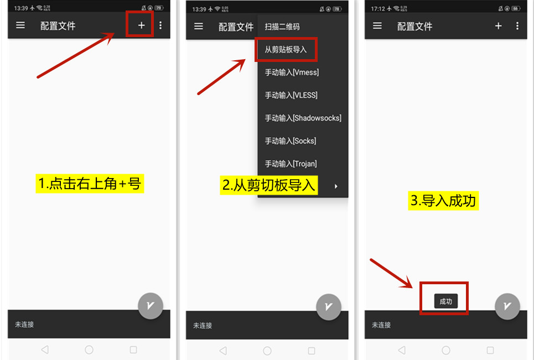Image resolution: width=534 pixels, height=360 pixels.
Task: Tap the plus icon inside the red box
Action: pyautogui.click(x=141, y=25)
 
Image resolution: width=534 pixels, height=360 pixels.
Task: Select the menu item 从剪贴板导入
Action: pyautogui.click(x=286, y=50)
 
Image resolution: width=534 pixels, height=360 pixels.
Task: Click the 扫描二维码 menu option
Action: pyautogui.click(x=282, y=27)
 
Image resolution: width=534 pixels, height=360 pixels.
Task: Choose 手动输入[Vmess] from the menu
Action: pyautogui.click(x=292, y=72)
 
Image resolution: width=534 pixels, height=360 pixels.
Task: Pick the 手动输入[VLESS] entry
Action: pyautogui.click(x=291, y=95)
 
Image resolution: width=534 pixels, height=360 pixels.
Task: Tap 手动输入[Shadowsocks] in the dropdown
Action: pyautogui.click(x=303, y=118)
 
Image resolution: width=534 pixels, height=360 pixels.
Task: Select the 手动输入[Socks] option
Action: pyautogui.click(x=291, y=141)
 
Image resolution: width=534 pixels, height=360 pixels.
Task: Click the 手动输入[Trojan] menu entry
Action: pyautogui.click(x=291, y=164)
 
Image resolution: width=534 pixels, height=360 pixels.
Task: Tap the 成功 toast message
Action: pyautogui.click(x=446, y=301)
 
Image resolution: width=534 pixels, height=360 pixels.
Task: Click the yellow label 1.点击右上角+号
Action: pyautogui.click(x=90, y=184)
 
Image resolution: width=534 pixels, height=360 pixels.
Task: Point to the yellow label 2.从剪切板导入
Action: pyautogui.click(x=269, y=185)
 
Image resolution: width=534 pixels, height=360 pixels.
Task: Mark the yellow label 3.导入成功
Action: pyautogui.click(x=443, y=200)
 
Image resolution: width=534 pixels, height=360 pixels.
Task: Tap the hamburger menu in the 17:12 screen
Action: pyautogui.click(x=377, y=26)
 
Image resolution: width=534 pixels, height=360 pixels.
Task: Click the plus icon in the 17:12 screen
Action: pyautogui.click(x=498, y=26)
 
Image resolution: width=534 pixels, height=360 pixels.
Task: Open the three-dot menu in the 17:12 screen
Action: pyautogui.click(x=517, y=26)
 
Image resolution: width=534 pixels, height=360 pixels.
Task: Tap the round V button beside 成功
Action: pyautogui.click(x=507, y=306)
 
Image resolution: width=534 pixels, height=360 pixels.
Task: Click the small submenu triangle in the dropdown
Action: pyautogui.click(x=336, y=186)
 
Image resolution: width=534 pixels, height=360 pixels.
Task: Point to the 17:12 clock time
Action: pyautogui.click(x=378, y=8)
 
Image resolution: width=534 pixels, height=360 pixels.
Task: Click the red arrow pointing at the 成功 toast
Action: pyautogui.click(x=391, y=273)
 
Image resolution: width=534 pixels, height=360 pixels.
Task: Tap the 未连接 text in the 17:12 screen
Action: pyautogui.click(x=381, y=325)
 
